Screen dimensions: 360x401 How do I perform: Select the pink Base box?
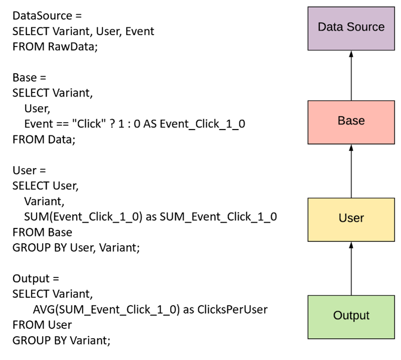pos(351,121)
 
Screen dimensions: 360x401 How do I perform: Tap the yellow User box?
pos(351,218)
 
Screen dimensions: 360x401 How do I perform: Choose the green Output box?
pos(351,315)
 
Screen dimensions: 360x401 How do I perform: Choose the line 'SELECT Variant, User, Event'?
pos(83,32)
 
